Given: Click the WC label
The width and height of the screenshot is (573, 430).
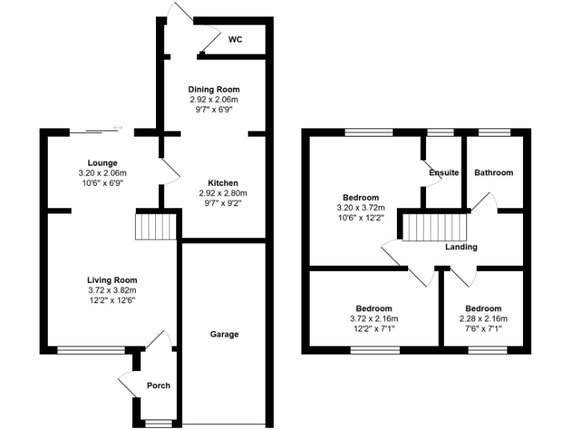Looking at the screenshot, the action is [235, 40].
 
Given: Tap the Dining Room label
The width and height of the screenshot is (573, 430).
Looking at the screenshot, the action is [213, 90].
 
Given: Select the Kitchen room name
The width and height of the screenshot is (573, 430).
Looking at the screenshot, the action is [222, 183].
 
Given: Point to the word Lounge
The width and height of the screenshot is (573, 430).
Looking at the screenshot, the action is [101, 163].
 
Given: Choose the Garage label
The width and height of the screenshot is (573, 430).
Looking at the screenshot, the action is [224, 334].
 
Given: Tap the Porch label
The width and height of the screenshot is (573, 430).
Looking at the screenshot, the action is [158, 386].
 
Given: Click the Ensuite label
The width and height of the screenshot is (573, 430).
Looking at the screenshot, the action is [444, 172].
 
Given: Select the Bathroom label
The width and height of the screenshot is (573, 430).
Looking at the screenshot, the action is [494, 172].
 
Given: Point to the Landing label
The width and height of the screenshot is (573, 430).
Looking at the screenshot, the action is [461, 247].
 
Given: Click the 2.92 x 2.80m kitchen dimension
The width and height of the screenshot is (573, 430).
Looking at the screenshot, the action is [222, 193].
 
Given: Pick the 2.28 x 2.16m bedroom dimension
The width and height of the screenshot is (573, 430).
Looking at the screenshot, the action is [483, 319].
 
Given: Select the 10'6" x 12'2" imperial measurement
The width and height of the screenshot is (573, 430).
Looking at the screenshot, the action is [361, 218].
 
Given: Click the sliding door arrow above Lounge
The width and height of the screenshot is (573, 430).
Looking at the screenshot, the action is [117, 128].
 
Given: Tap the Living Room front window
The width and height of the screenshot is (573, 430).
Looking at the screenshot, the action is [92, 349].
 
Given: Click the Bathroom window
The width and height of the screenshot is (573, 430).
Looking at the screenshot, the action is [493, 132].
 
